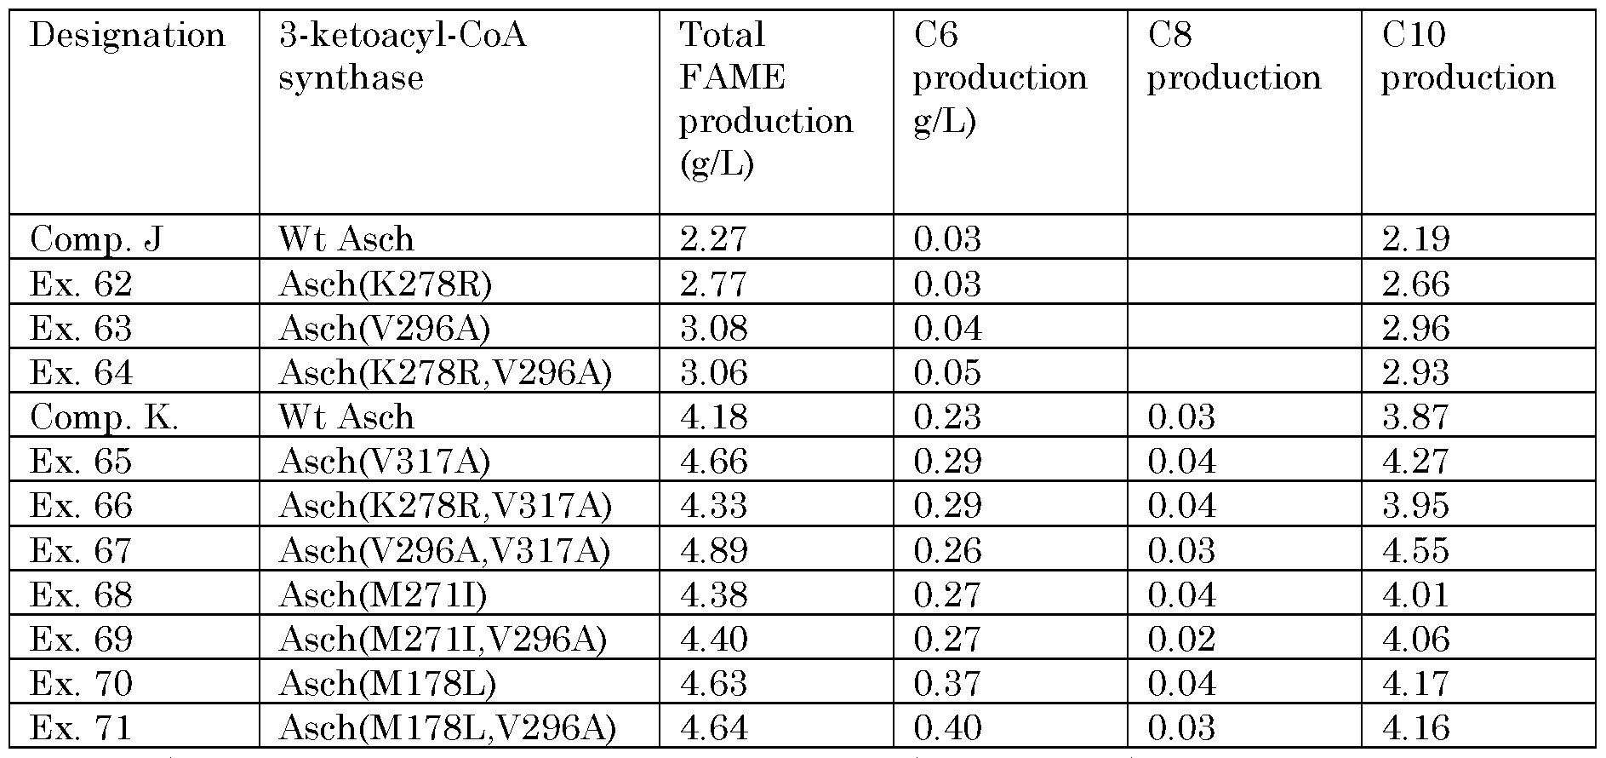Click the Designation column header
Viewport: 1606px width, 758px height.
point(128,36)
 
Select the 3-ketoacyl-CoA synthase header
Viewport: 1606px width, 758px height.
point(402,56)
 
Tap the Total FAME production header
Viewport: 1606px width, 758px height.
point(765,99)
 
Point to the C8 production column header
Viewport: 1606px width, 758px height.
point(1233,56)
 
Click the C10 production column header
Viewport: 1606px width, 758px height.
point(1467,56)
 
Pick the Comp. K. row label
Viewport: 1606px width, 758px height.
point(104,416)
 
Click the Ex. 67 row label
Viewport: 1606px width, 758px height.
point(81,550)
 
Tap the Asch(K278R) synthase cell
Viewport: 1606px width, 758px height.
point(386,284)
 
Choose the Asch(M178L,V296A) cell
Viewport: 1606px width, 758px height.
point(447,728)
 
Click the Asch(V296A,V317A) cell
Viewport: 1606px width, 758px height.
point(444,550)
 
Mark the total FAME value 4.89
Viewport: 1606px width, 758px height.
point(713,550)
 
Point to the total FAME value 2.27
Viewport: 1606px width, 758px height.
point(713,238)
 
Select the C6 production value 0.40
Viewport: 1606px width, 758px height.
point(947,728)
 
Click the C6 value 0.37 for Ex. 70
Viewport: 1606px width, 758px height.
point(947,684)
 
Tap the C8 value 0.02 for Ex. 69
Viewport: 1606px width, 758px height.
point(1181,639)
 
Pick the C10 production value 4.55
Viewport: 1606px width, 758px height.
point(1415,550)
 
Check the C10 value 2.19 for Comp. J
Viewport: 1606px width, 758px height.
point(1415,238)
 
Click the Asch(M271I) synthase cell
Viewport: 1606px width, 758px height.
point(383,594)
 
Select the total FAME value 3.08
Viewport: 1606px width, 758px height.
point(713,328)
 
